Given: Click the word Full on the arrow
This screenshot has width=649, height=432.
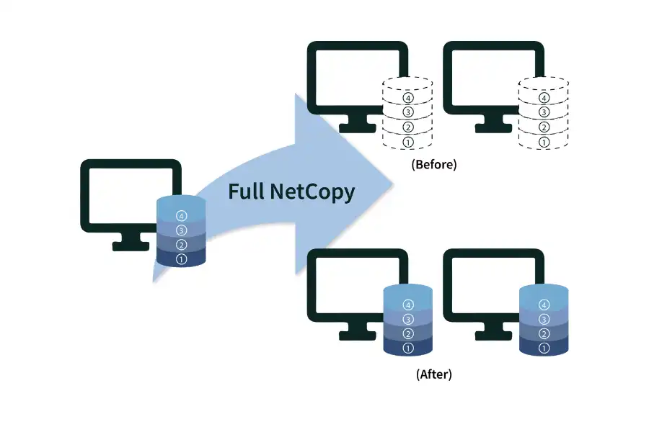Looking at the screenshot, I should point(248,192).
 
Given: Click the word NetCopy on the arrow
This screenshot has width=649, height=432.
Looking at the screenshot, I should point(312,192).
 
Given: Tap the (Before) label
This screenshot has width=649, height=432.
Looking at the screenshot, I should point(434,164).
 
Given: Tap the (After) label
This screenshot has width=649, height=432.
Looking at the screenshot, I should point(434,374).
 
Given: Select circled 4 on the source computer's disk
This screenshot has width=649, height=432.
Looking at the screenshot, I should point(181,215).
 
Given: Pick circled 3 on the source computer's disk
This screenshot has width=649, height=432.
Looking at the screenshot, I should point(181,230).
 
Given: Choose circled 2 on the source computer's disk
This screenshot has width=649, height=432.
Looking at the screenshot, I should point(181,245).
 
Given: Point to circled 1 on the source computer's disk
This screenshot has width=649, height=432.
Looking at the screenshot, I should point(181,259).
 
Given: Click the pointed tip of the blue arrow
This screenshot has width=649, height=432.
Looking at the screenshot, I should point(394,182).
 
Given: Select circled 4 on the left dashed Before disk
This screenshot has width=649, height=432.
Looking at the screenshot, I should point(408,97).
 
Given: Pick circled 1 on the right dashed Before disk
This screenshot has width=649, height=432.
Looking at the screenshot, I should point(544,142).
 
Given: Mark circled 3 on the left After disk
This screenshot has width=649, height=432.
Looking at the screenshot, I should point(408,319).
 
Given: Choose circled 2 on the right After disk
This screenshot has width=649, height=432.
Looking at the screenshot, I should point(544,333).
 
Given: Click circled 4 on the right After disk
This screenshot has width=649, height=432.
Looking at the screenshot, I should point(544,304).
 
